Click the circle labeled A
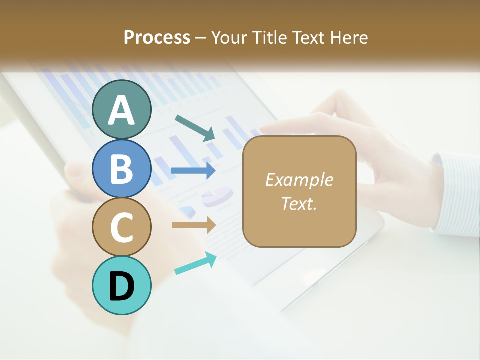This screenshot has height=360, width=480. tap(122, 109)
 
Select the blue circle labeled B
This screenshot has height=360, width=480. tap(122, 168)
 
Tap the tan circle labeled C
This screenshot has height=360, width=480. tap(122, 227)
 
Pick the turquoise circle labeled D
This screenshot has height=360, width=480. tap(122, 285)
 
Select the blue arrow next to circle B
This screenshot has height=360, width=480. tap(193, 170)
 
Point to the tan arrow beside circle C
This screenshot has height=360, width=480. tap(193, 225)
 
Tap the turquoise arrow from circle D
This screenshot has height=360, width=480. tap(195, 263)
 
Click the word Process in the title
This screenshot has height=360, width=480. tap(157, 37)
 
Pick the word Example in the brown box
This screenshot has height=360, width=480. tap(299, 180)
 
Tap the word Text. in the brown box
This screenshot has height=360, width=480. tap(299, 203)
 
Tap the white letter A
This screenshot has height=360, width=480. tap(122, 110)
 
